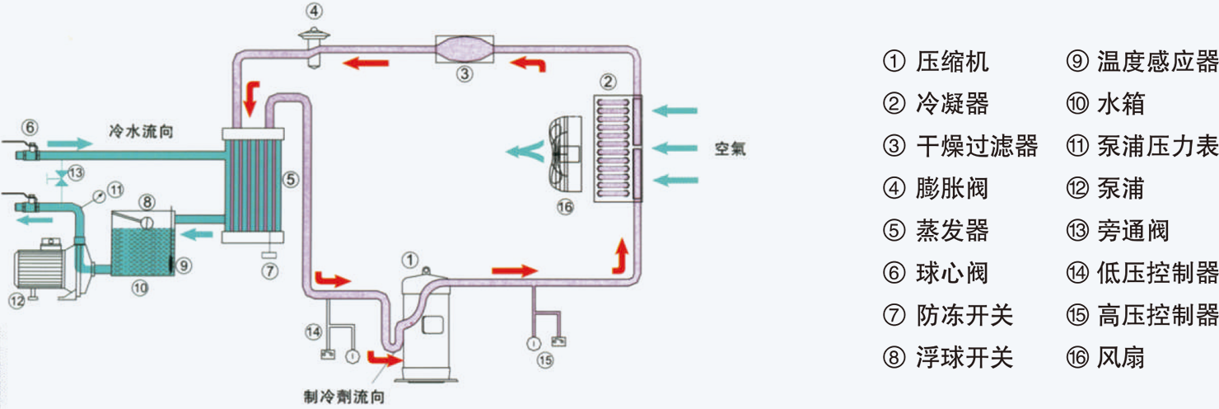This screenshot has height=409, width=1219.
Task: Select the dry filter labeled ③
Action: pos(464,47)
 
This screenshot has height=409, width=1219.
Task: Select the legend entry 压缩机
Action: pos(952,62)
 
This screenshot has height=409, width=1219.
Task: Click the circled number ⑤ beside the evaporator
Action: pos(292,177)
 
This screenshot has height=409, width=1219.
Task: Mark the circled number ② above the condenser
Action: pos(607,81)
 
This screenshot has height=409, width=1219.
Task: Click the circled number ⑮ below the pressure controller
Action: pos(544,360)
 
